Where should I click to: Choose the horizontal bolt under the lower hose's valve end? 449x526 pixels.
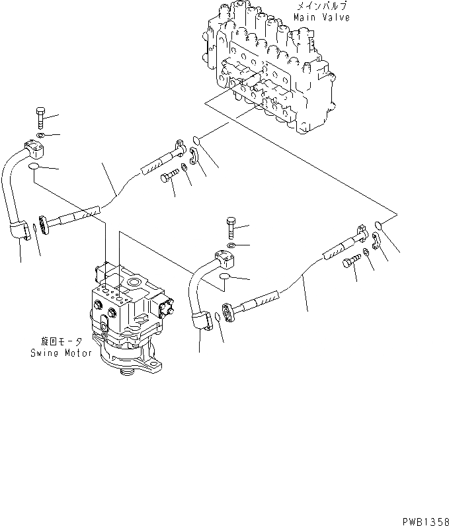351,263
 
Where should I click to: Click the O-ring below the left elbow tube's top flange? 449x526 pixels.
34,173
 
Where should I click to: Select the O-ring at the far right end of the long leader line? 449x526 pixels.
378,226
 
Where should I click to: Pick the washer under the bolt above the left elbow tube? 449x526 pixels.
39,136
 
